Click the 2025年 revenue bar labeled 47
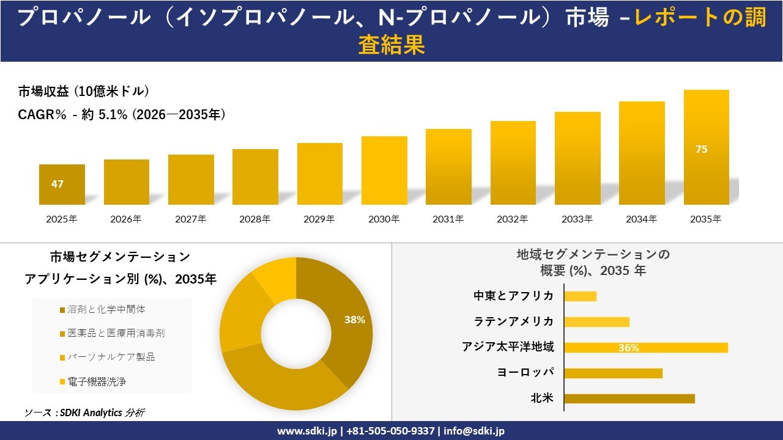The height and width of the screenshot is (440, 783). (62, 184)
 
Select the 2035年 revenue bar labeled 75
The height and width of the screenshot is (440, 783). (706, 147)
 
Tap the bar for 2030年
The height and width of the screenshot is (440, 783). (384, 170)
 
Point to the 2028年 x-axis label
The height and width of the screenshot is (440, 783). (254, 219)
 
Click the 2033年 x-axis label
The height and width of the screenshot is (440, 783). (577, 219)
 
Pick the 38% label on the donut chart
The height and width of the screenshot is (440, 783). (354, 320)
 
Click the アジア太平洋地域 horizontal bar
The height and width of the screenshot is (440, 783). (646, 348)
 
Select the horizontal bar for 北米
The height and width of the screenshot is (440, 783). (629, 398)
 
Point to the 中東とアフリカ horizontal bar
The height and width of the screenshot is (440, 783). (580, 296)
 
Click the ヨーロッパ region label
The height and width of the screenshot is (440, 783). (525, 372)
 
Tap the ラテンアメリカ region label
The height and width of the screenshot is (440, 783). (514, 321)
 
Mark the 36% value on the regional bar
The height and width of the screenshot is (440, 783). (628, 348)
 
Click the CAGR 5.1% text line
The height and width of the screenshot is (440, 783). (122, 114)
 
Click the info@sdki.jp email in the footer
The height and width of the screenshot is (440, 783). (474, 431)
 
